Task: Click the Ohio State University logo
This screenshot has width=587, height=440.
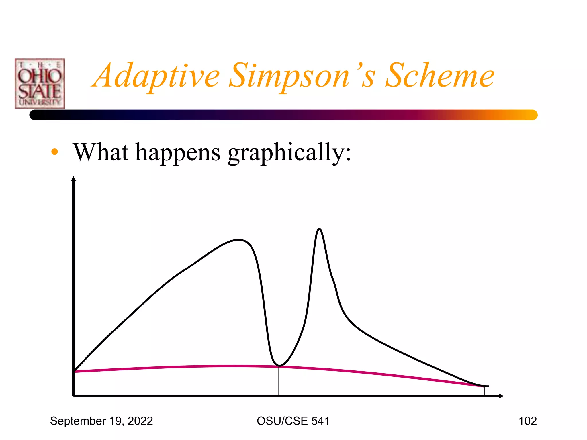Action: pos(40,84)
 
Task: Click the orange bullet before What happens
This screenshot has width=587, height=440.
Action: pos(54,152)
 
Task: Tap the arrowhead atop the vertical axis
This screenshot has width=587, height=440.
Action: pos(73,179)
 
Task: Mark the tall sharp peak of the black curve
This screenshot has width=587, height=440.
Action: pos(319,229)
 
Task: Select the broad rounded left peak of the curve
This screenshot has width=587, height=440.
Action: pos(239,240)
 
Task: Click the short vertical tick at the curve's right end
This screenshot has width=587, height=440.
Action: pos(484,391)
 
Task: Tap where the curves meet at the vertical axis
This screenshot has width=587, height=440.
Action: pos(74,371)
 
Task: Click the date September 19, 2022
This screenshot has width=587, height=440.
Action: pos(101,421)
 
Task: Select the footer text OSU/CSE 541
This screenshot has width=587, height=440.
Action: pos(293,421)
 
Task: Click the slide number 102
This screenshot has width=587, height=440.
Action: pos(527,421)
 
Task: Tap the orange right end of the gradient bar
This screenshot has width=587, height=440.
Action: pos(530,115)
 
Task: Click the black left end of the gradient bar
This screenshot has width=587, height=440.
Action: pos(36,115)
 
